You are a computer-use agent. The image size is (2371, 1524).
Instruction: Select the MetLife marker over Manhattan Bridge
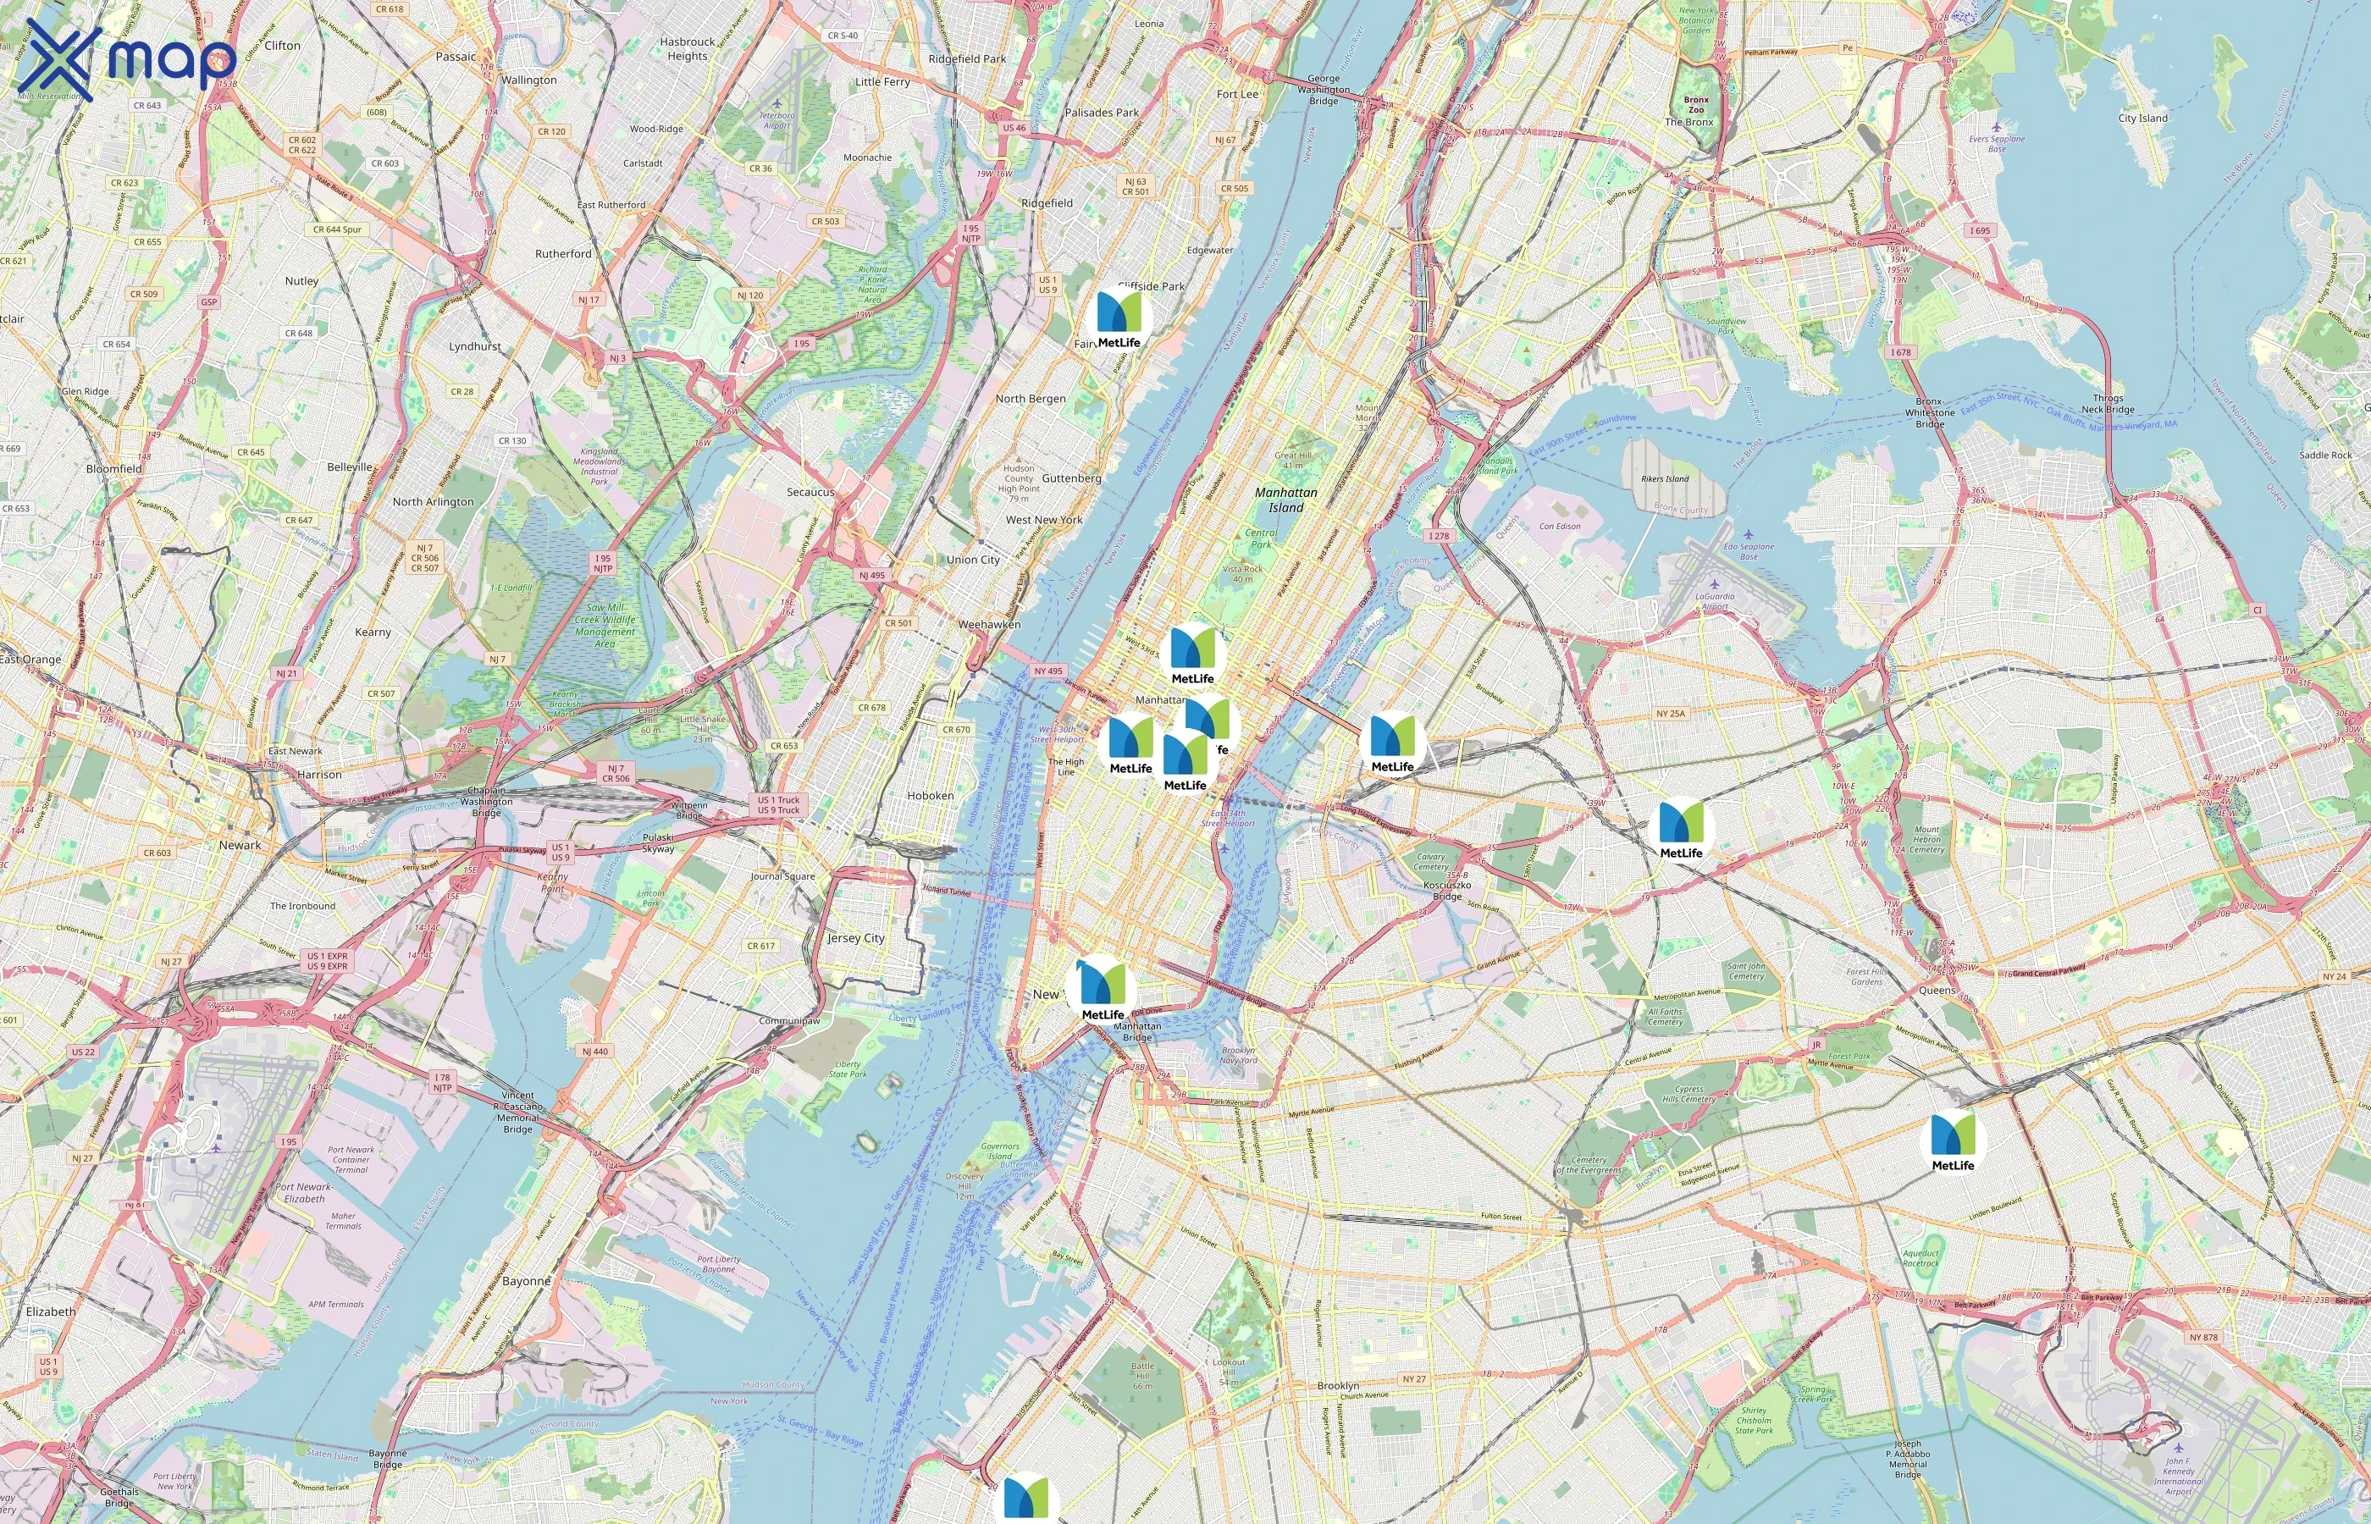click(1103, 990)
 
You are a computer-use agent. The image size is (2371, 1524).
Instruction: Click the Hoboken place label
click(930, 796)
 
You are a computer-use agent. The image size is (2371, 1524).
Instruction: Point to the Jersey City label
click(856, 938)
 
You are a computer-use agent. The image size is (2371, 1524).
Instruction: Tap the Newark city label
click(240, 845)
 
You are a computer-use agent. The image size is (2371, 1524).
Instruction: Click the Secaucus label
click(810, 492)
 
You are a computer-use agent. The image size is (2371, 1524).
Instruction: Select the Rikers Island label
click(1665, 479)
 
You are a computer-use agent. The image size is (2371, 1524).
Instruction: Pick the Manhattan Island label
click(1285, 500)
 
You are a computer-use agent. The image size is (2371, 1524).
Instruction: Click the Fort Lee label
click(1238, 94)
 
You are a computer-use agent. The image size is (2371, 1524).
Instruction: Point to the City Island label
click(2142, 118)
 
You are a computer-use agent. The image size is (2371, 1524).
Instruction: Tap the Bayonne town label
click(527, 1280)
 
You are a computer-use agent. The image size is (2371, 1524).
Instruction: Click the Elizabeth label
click(51, 1311)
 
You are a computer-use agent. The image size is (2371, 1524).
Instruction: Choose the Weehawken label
click(988, 625)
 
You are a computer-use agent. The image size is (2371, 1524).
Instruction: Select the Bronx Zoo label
click(1696, 104)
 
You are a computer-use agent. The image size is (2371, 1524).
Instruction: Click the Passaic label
click(456, 57)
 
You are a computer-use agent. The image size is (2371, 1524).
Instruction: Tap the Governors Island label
click(1000, 1151)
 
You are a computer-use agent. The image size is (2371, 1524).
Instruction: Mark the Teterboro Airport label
click(777, 119)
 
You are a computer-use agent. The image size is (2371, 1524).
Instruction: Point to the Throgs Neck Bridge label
click(2108, 404)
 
